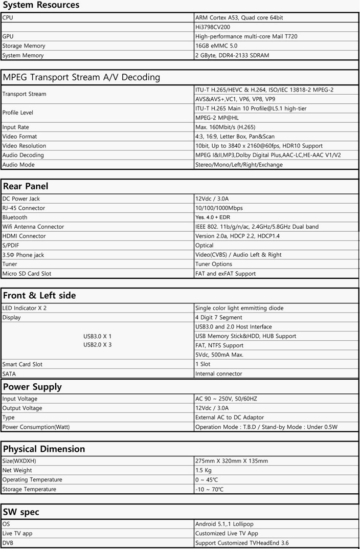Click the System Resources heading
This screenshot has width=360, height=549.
(41, 5)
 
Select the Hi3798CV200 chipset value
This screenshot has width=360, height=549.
(214, 27)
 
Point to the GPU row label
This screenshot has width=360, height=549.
(8, 36)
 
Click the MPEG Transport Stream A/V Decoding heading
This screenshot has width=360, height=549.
(82, 77)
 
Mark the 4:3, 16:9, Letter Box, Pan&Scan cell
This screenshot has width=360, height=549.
(235, 137)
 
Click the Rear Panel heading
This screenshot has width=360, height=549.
(26, 186)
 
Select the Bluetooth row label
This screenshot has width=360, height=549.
(15, 217)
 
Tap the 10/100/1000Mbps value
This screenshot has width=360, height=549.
(219, 208)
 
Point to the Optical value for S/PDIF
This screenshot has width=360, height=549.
(205, 246)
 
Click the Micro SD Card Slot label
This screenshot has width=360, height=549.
(27, 274)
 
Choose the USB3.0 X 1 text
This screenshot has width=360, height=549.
(97, 336)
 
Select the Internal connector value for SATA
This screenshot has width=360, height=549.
(219, 374)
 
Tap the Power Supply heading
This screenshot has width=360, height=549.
(32, 387)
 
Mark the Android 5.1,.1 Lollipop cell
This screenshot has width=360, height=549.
(224, 524)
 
